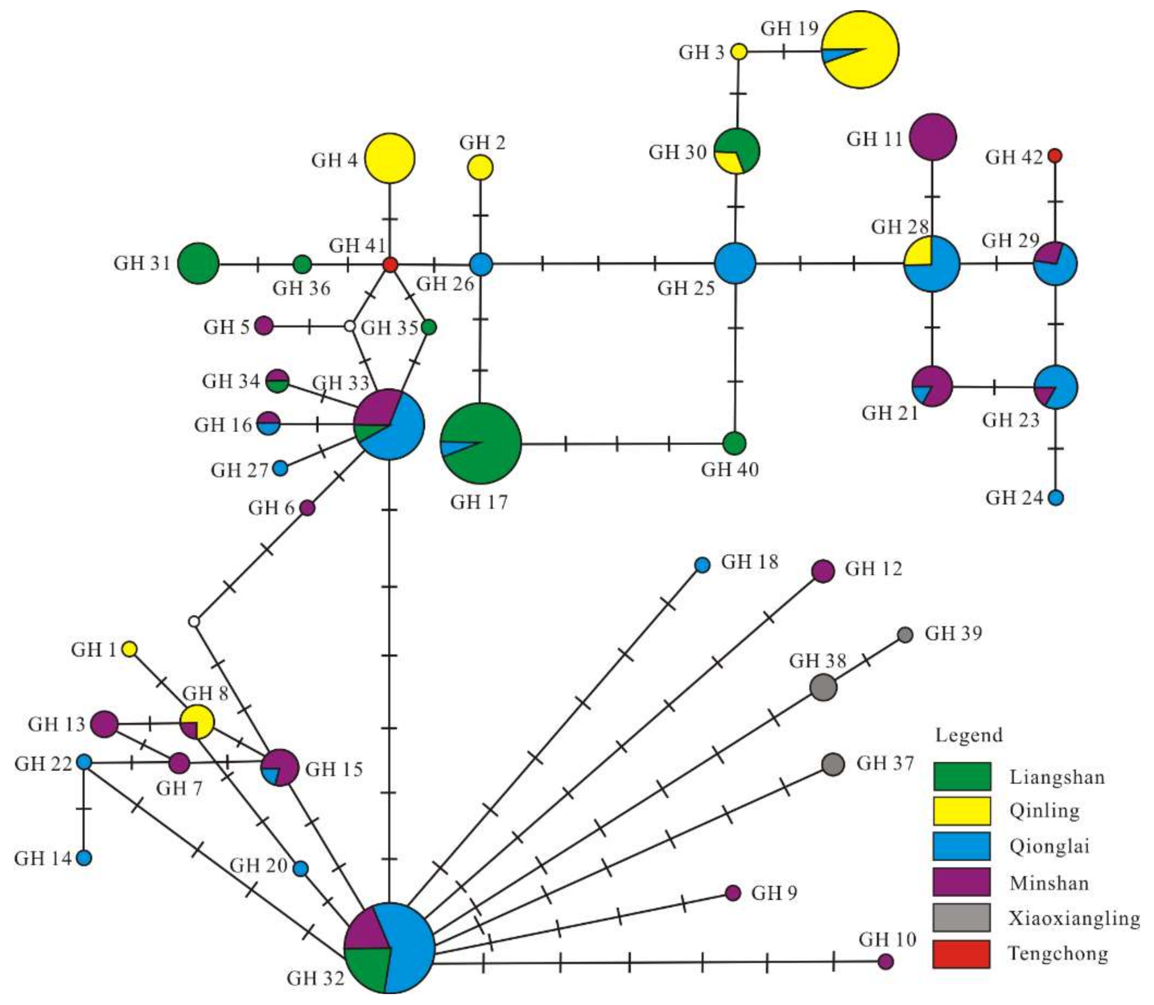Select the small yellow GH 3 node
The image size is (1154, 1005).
[x=739, y=52]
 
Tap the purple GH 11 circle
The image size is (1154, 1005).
[x=932, y=137]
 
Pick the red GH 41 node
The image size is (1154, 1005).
[x=390, y=264]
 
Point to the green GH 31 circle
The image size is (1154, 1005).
[x=199, y=263]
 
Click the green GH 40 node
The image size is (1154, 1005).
[x=734, y=443]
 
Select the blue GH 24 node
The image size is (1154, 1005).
[x=1055, y=498]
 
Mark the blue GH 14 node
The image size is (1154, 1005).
[x=84, y=858]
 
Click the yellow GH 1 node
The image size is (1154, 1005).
[x=129, y=650]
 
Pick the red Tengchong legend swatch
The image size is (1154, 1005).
[x=961, y=954]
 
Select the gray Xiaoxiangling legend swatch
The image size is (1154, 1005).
[x=961, y=917]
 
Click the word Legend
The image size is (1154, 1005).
[x=969, y=735]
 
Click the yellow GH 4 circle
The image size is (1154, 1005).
[x=390, y=158]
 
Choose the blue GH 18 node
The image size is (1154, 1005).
[x=702, y=565]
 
